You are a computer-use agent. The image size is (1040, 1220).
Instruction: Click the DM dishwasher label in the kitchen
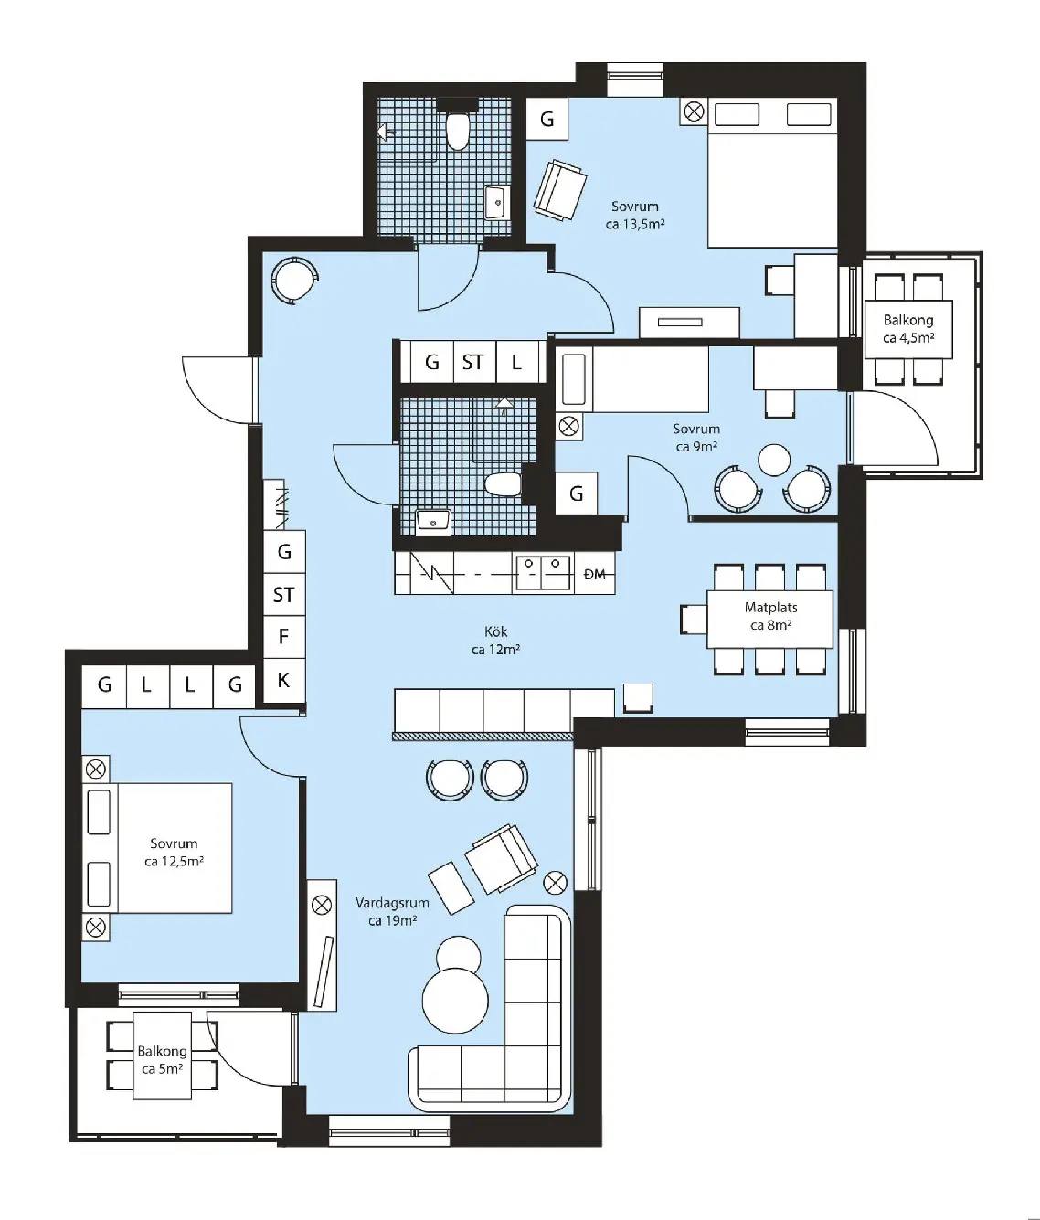point(594,574)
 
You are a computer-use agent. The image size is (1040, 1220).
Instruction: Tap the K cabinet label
point(283,680)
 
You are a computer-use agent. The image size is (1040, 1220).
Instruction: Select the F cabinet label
point(283,636)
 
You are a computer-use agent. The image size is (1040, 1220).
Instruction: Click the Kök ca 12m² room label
point(496,641)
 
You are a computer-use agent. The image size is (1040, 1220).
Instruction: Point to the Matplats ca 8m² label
point(770,616)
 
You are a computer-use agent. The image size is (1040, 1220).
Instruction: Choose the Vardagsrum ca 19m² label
point(392,911)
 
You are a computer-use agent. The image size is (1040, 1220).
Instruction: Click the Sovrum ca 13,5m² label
point(635,215)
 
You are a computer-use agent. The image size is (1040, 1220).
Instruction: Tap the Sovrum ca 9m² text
point(696,438)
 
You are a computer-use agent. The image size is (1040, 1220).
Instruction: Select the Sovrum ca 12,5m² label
point(174,853)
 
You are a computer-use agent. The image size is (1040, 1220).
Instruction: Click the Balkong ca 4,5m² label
point(908,329)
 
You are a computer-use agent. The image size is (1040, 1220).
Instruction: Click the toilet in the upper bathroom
point(458,131)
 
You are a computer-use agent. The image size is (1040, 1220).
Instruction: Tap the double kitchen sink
point(543,572)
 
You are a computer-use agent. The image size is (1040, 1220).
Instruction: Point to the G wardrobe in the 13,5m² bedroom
point(547,119)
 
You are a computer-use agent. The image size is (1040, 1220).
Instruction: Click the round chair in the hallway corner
point(293,280)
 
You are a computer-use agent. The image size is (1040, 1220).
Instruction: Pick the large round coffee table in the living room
point(455,1001)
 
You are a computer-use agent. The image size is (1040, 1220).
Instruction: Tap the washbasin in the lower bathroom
point(433,522)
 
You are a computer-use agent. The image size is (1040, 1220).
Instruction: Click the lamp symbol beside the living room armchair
point(554,883)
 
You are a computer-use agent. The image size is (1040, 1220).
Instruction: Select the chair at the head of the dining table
point(695,620)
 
